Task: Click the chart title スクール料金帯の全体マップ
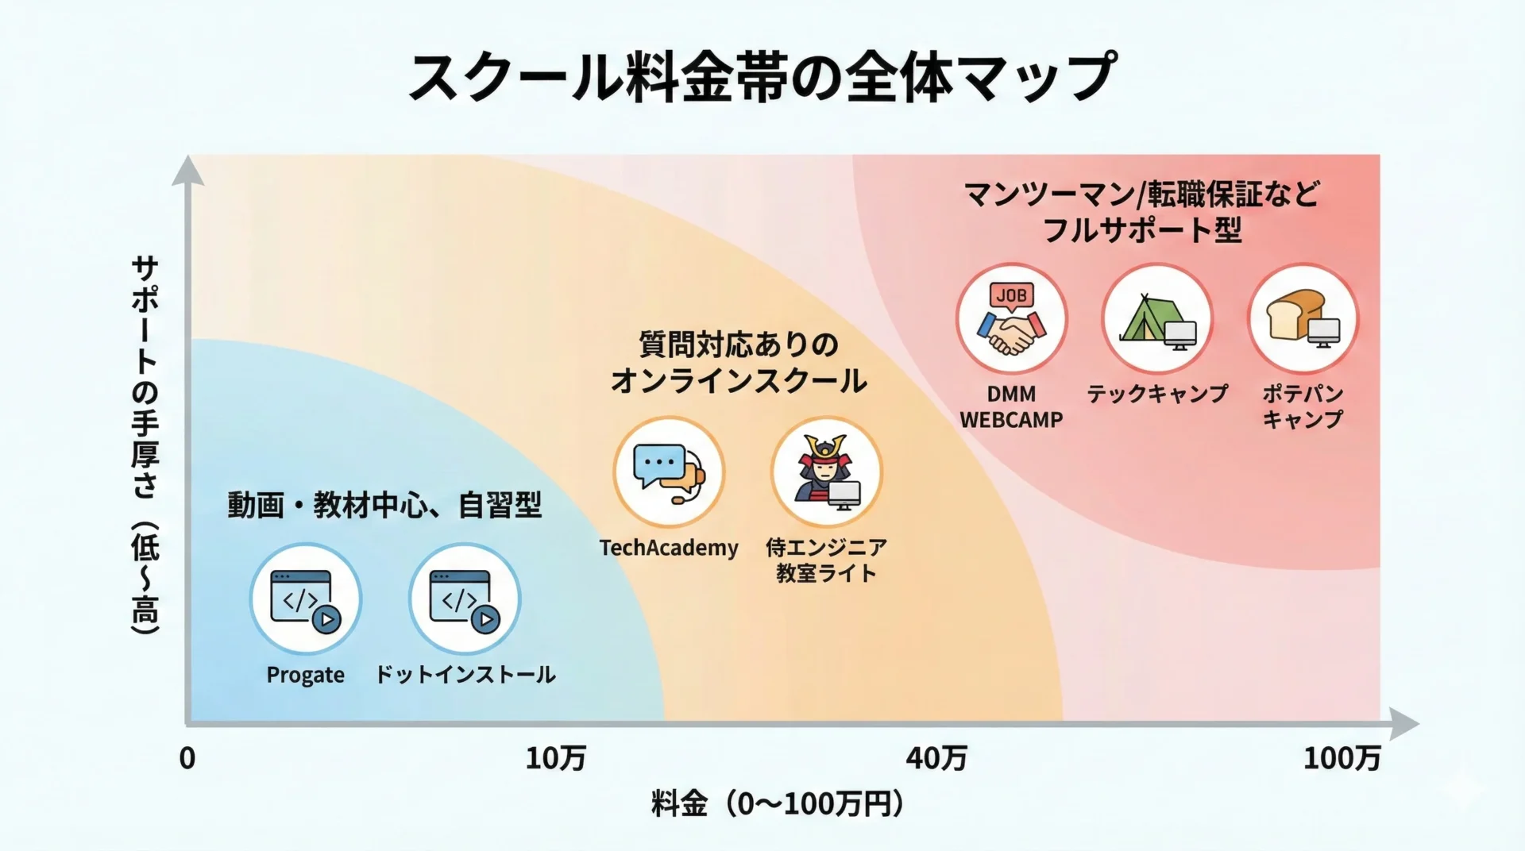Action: (762, 77)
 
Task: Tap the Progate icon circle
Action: (306, 599)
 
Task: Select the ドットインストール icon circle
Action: (465, 599)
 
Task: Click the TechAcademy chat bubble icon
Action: (669, 472)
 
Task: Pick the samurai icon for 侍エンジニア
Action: (827, 472)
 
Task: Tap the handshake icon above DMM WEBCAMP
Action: (1011, 319)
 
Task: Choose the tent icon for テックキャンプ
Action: (1157, 319)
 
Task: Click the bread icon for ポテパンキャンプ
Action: (1303, 319)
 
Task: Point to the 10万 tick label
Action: (555, 759)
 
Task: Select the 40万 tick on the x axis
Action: (936, 759)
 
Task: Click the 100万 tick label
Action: (1342, 759)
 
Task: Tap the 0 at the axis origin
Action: (187, 759)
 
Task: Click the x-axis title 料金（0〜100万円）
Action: (778, 804)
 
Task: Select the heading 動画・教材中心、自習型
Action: (384, 505)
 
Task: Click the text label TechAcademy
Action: (669, 548)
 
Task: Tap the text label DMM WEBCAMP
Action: (1011, 406)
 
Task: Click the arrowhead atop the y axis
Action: (187, 170)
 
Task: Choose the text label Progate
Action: (306, 675)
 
